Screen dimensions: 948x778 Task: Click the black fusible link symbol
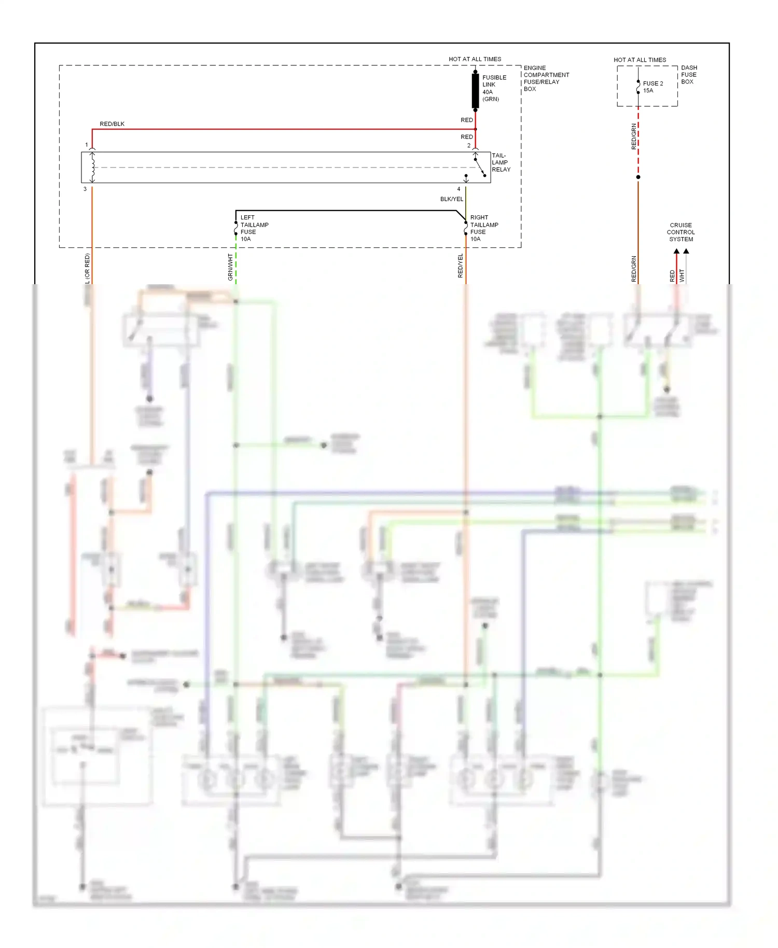click(x=475, y=91)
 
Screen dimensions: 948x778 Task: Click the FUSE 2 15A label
click(x=652, y=87)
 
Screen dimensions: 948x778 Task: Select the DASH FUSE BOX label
click(x=689, y=75)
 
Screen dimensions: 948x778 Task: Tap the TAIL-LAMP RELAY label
click(x=501, y=162)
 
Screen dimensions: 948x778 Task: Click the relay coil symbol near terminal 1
click(x=92, y=166)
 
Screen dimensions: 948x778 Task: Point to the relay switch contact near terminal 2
click(x=479, y=166)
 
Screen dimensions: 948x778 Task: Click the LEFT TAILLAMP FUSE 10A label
click(x=254, y=228)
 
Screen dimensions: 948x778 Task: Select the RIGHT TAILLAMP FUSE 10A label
click(x=483, y=228)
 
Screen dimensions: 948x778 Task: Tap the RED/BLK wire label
click(x=112, y=124)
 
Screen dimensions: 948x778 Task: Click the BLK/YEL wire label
click(x=451, y=199)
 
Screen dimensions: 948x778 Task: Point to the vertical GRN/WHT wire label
click(x=230, y=267)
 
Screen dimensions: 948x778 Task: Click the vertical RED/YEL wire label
click(x=460, y=266)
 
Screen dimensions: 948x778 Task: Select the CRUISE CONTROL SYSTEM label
click(x=680, y=232)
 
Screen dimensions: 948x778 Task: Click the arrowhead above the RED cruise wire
click(x=676, y=252)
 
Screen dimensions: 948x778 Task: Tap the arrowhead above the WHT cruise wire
click(x=686, y=252)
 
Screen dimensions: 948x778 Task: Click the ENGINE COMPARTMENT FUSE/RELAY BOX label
click(x=546, y=78)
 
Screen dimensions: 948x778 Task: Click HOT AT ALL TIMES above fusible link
click(x=475, y=59)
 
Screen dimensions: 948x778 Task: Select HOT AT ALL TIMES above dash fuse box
click(x=640, y=60)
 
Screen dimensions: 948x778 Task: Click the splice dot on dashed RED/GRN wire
click(x=638, y=177)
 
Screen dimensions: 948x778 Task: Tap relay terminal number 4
click(x=459, y=189)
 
